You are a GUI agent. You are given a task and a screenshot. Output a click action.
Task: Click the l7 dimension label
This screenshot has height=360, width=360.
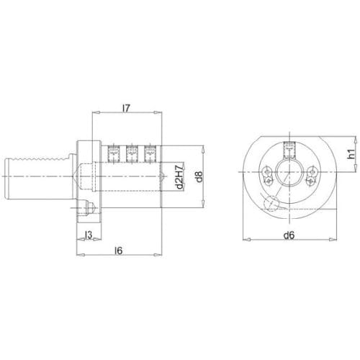(126, 109)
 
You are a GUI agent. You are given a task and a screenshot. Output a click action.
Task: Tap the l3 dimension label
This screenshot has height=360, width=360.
(89, 235)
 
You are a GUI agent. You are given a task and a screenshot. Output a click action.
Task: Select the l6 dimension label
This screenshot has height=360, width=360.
(119, 251)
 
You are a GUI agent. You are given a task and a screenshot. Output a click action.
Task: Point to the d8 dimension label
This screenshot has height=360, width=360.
(199, 176)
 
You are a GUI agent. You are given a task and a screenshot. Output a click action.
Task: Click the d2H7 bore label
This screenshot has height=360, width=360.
(179, 176)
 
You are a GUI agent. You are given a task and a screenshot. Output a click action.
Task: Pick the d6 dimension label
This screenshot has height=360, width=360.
(289, 235)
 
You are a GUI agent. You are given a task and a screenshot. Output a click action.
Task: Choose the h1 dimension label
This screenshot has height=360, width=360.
(351, 153)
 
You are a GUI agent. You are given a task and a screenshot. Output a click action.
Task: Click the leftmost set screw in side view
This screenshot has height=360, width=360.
(113, 153)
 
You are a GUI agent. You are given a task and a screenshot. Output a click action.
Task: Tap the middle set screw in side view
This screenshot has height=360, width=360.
(132, 153)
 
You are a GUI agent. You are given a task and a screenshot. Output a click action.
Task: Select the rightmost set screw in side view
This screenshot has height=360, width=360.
(150, 153)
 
